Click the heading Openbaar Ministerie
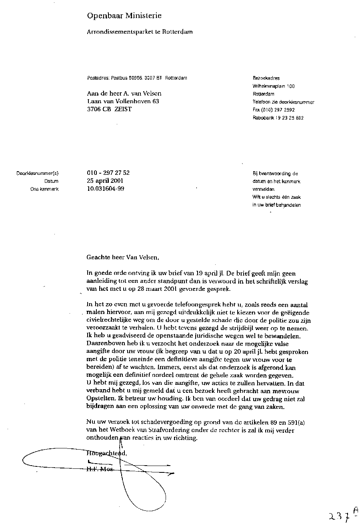[x=124, y=16]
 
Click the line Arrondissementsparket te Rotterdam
[x=140, y=32]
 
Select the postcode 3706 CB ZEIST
[x=109, y=109]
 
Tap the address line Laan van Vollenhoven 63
[x=123, y=102]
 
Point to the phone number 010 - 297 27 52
[x=108, y=173]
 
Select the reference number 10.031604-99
[x=105, y=189]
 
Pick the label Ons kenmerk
[x=44, y=189]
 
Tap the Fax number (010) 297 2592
[x=274, y=110]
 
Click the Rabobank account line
[x=278, y=118]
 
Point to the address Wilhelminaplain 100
[x=274, y=86]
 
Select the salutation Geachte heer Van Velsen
[x=125, y=258]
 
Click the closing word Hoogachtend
[x=106, y=454]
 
